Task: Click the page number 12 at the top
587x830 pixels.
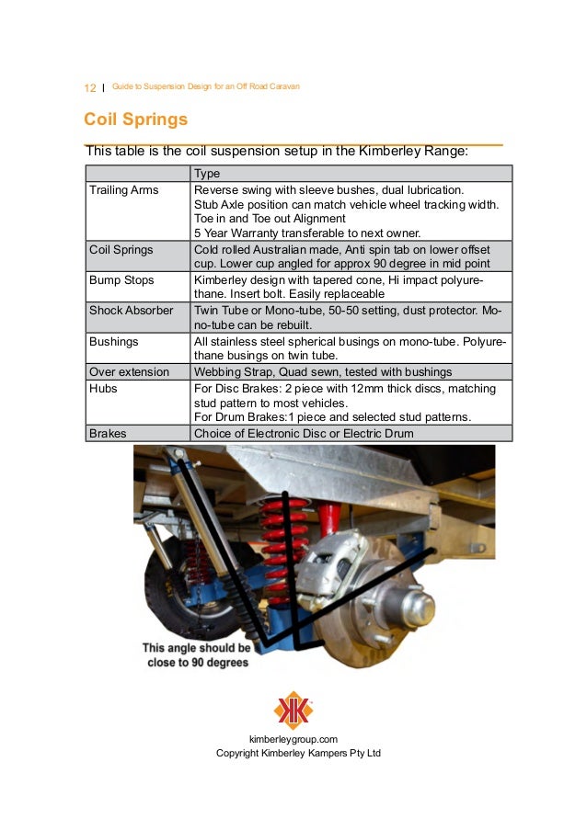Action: pos(89,87)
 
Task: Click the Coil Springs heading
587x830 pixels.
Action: pos(135,119)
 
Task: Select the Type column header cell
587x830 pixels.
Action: pos(207,174)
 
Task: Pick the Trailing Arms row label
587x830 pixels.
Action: pos(123,190)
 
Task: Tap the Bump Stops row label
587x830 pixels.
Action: pos(121,279)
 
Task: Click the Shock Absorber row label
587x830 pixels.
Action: pos(131,311)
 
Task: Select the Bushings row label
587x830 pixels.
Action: pos(113,341)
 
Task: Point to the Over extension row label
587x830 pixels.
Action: pos(129,371)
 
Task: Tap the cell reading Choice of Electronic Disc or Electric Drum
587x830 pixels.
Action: pos(304,433)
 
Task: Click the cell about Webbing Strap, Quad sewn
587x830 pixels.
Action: pos(322,371)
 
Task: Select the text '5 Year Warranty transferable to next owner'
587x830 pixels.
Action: pos(306,233)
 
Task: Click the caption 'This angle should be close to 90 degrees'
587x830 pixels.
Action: pos(196,654)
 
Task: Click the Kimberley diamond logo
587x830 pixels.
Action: pos(293,711)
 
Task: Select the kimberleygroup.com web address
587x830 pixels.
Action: pos(293,739)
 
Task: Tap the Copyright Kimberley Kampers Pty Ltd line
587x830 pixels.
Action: pos(297,753)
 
